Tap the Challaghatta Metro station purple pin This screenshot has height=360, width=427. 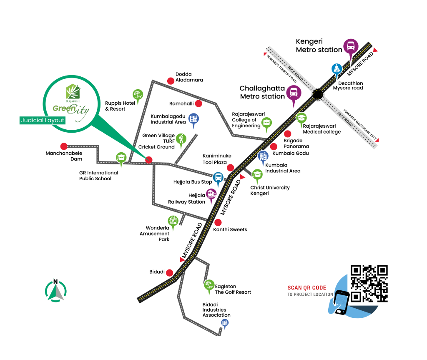(294, 95)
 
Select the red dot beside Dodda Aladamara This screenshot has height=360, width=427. (171, 81)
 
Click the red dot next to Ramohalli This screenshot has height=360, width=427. (199, 103)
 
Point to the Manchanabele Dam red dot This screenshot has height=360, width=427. (64, 146)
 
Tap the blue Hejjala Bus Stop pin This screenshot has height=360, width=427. (218, 179)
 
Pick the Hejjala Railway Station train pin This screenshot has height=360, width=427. (211, 196)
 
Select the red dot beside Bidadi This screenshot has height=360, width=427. (169, 272)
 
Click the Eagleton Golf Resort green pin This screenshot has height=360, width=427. (209, 287)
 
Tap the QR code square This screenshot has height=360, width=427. (369, 284)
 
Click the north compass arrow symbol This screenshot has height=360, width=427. (56, 290)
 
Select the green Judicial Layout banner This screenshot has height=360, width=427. (43, 120)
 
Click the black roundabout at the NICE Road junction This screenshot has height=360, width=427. (317, 94)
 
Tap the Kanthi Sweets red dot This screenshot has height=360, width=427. (218, 222)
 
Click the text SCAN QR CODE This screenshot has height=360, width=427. (307, 288)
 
